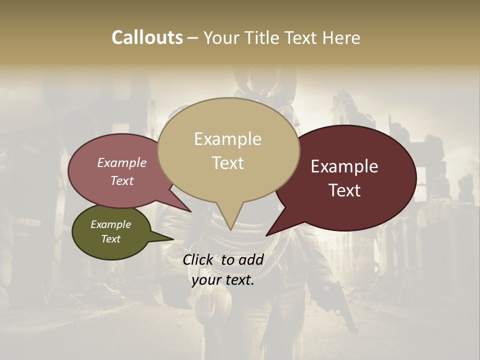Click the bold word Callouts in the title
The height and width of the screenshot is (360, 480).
147,37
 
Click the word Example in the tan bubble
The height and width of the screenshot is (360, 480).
227,139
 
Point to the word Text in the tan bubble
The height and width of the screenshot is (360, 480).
228,163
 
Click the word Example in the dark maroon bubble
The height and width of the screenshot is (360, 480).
344,166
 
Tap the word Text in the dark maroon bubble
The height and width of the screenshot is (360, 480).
345,190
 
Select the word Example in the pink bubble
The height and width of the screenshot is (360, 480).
121,163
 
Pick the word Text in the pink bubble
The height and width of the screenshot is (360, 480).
122,181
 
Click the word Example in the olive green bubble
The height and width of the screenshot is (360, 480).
110,224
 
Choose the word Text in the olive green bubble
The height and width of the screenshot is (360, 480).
111,239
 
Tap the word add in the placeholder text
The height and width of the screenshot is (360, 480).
251,259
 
